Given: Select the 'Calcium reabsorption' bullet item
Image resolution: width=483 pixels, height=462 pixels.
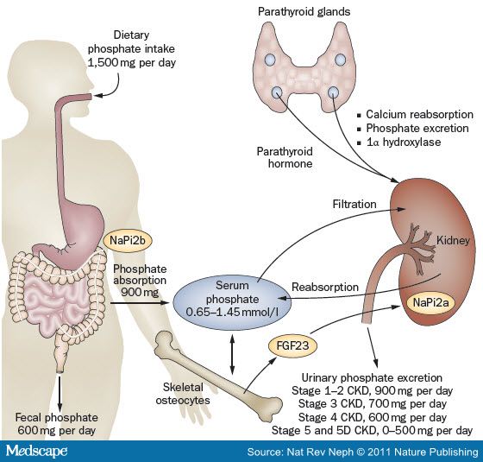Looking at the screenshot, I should pos(417,114).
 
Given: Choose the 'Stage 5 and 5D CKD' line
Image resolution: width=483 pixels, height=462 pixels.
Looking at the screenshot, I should pos(372,429).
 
